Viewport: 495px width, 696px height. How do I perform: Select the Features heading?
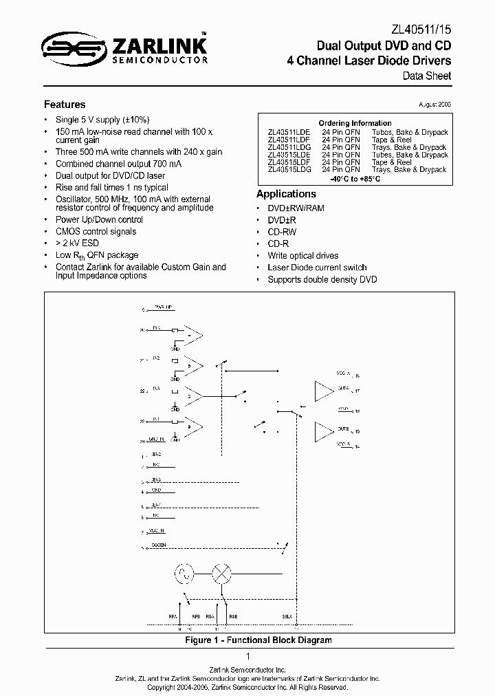point(65,105)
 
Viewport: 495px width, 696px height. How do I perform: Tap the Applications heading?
point(286,194)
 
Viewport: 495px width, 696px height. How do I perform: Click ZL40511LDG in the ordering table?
point(289,147)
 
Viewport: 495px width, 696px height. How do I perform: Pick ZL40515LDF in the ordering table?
point(289,162)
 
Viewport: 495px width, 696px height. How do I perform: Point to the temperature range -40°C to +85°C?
point(355,179)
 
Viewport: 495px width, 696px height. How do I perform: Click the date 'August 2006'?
point(434,104)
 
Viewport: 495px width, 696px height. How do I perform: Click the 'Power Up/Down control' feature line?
point(99,219)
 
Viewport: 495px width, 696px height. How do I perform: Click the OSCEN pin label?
point(157,547)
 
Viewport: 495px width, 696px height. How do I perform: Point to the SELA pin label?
point(287,617)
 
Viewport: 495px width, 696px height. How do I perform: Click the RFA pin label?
point(172,617)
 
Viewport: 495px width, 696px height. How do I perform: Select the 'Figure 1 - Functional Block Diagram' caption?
point(258,640)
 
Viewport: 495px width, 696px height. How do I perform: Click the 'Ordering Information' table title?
point(355,123)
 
